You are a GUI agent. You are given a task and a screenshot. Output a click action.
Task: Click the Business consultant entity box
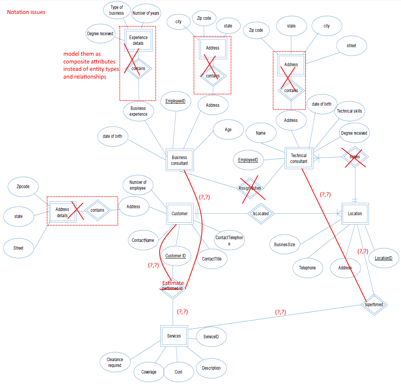click(x=179, y=160)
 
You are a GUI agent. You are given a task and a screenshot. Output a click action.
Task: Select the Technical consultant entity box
click(x=299, y=158)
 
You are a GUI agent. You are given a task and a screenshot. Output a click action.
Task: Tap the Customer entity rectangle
click(x=179, y=213)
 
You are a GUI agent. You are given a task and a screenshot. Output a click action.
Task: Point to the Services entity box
click(x=174, y=336)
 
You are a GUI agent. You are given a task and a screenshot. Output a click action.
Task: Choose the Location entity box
click(x=355, y=213)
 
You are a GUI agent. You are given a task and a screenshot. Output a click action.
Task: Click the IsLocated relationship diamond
click(x=261, y=213)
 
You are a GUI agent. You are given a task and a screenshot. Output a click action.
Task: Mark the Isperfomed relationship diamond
click(x=374, y=304)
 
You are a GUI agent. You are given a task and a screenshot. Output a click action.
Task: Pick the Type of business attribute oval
click(x=116, y=10)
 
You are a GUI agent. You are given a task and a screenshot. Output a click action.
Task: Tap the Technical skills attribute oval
click(x=349, y=111)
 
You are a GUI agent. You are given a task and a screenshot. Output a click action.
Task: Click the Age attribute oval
click(x=228, y=129)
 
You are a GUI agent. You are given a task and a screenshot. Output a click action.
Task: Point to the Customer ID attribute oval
click(x=175, y=256)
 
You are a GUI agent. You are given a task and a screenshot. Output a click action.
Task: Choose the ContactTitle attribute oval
click(x=212, y=259)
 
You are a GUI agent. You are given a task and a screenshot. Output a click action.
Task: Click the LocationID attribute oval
click(x=383, y=258)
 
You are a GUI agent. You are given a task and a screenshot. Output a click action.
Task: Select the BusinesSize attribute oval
click(x=284, y=244)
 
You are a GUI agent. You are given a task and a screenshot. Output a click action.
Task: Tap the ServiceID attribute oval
click(x=211, y=336)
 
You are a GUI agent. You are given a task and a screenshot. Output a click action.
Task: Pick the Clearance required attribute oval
click(x=115, y=362)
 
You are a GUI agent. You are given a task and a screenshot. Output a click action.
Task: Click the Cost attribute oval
click(x=178, y=372)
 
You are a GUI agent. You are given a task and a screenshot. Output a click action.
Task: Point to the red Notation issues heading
click(x=26, y=12)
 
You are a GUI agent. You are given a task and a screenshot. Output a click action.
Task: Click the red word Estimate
click(x=173, y=283)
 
